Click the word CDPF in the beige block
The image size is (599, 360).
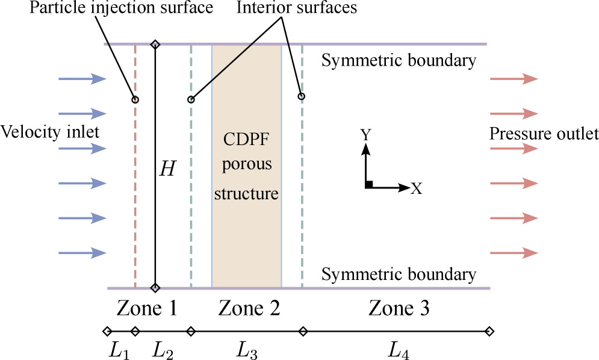[x=246, y=140]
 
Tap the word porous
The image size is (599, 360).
[x=246, y=164]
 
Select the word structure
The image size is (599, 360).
[x=246, y=194]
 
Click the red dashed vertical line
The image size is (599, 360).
[x=135, y=181]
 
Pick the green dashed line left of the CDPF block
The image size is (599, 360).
[x=191, y=181]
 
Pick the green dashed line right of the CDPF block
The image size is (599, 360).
[x=302, y=181]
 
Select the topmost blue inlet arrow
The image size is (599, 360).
[x=82, y=79]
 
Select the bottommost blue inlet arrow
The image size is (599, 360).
[x=82, y=253]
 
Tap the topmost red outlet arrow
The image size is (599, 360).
[x=514, y=79]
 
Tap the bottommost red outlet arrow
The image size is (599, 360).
[x=514, y=253]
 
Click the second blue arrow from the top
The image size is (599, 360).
[x=82, y=114]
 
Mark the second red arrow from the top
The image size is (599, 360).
[x=514, y=114]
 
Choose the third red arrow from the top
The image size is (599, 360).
[x=514, y=149]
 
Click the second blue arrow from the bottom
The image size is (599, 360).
[x=82, y=218]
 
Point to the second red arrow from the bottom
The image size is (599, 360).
[x=514, y=218]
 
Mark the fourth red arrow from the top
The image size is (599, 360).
[x=514, y=183]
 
